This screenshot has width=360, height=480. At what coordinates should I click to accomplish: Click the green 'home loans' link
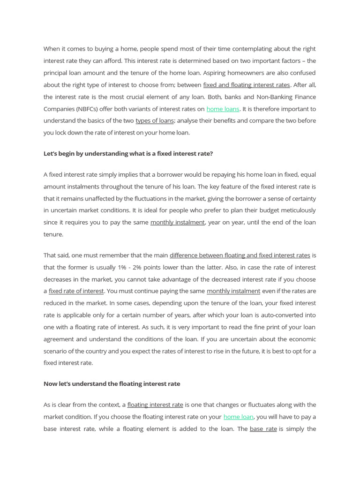[223, 109]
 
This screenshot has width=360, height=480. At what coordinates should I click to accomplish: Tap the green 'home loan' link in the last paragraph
[239, 417]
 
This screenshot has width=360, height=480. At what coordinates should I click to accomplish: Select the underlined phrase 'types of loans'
[155, 120]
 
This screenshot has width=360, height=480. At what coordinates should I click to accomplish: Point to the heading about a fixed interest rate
[128, 153]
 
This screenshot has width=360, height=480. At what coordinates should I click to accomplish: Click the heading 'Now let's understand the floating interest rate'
[112, 383]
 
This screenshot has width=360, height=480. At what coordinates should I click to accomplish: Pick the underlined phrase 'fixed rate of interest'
[76, 291]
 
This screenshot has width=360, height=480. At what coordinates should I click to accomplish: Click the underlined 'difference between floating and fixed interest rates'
[240, 255]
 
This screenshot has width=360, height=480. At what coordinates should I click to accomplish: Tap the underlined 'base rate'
[263, 428]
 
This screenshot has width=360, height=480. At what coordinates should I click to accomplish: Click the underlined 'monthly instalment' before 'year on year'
[177, 222]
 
